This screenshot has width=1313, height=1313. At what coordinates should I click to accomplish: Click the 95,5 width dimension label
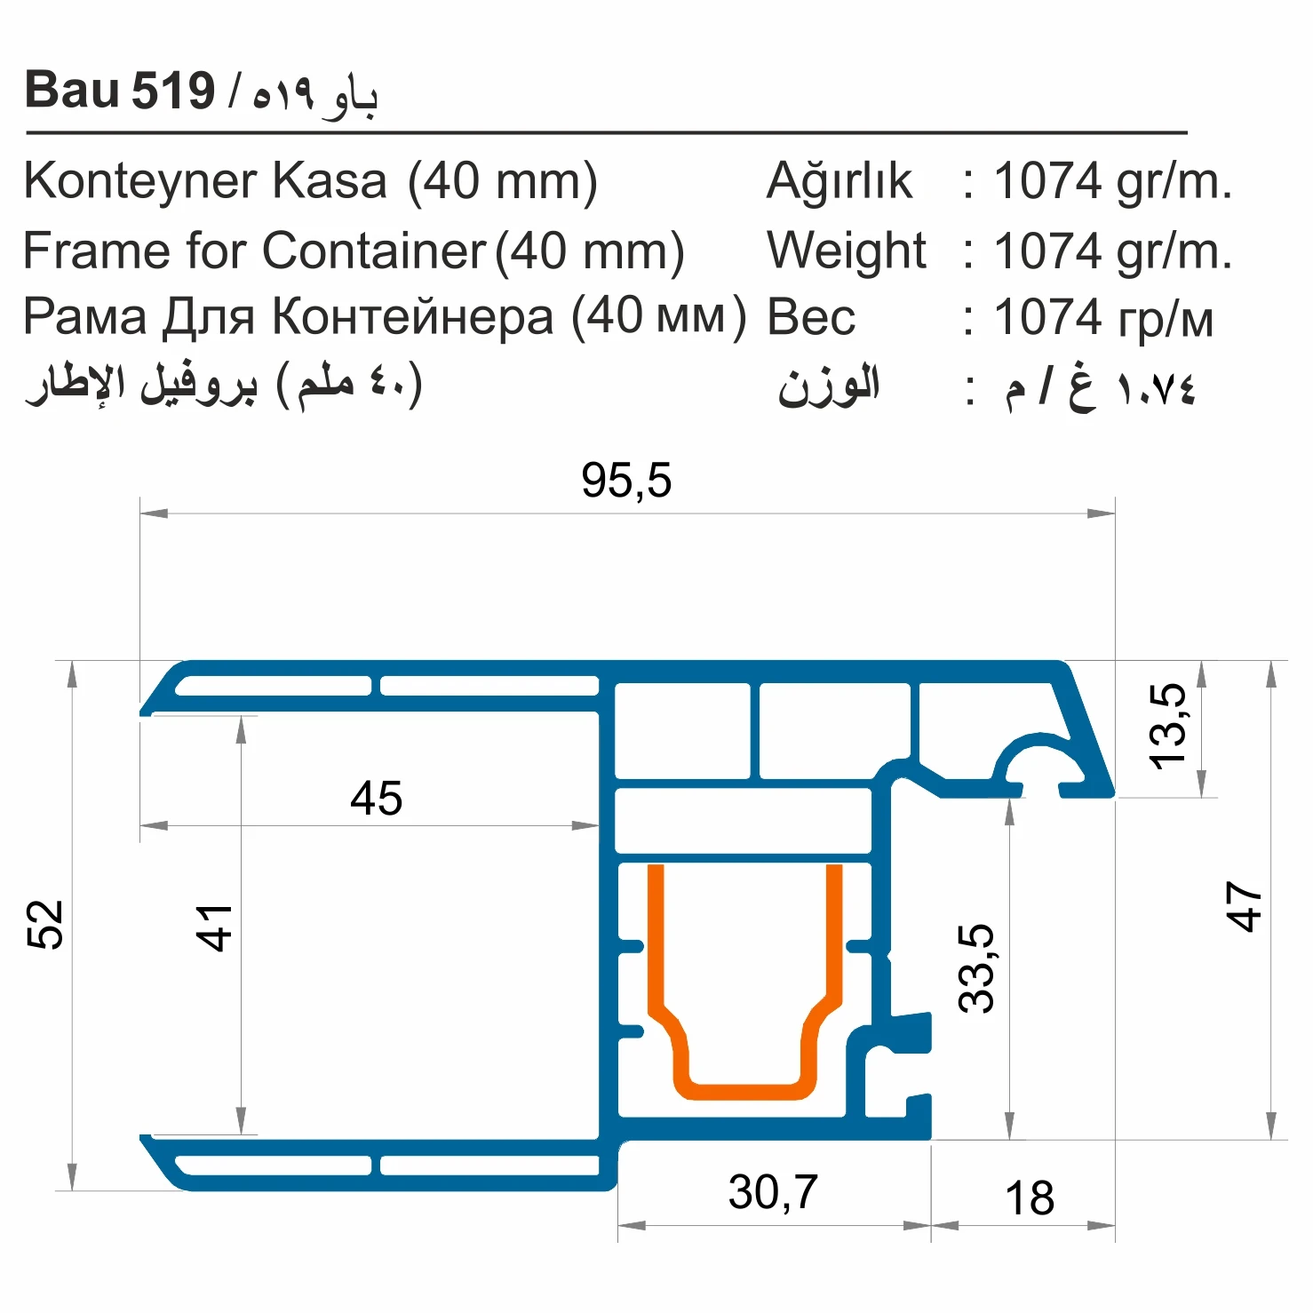coord(626,481)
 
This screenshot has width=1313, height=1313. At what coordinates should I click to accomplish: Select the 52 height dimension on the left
coord(46,924)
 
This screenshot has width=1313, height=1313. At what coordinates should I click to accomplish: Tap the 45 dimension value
coord(376,798)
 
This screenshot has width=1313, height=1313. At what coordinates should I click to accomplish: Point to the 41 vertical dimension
coord(214,927)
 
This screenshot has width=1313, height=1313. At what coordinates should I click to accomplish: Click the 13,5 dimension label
coord(1167,726)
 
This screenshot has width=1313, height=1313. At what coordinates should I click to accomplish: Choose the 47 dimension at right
coord(1244,906)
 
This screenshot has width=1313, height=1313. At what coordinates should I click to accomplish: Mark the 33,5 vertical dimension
coord(976,967)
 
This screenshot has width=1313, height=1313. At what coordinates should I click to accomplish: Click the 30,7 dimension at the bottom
coord(773,1192)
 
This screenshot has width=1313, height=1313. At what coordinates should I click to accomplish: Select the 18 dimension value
coord(1030,1198)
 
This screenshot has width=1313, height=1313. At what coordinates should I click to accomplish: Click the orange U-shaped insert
coord(744,1089)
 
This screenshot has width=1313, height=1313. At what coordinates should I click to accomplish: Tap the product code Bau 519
coord(120,91)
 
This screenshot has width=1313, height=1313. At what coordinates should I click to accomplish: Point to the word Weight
coord(847,251)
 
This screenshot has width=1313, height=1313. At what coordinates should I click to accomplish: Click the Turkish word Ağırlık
coord(839,181)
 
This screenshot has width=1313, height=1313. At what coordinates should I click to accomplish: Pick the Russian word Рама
coord(84,317)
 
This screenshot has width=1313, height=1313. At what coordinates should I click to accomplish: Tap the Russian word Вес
coord(811,318)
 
